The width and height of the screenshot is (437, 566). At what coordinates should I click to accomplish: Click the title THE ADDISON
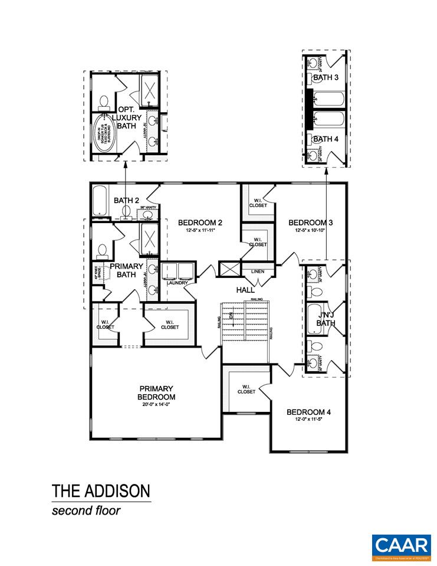[x=101, y=491]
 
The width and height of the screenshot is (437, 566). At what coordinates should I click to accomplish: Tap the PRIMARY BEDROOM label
[x=156, y=392]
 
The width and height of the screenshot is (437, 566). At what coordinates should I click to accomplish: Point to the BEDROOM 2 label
[x=200, y=223]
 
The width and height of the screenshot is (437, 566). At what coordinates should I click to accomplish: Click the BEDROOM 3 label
[x=311, y=223]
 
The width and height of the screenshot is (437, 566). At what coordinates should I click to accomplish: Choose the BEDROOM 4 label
[x=308, y=412]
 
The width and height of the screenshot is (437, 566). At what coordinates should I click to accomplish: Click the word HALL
[x=245, y=290]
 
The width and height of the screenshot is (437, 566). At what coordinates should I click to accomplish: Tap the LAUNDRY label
[x=177, y=283]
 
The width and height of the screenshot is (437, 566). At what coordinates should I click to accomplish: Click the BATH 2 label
[x=126, y=201]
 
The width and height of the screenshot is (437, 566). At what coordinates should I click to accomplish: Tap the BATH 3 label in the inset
[x=326, y=77]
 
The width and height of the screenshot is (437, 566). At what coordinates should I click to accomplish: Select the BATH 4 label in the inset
[x=326, y=139]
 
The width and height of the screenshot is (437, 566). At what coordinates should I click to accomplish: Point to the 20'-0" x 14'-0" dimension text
[x=156, y=405]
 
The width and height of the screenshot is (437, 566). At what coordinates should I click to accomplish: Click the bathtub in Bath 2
[x=99, y=201]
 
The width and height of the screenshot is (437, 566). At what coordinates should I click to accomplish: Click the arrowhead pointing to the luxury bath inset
[x=125, y=166]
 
